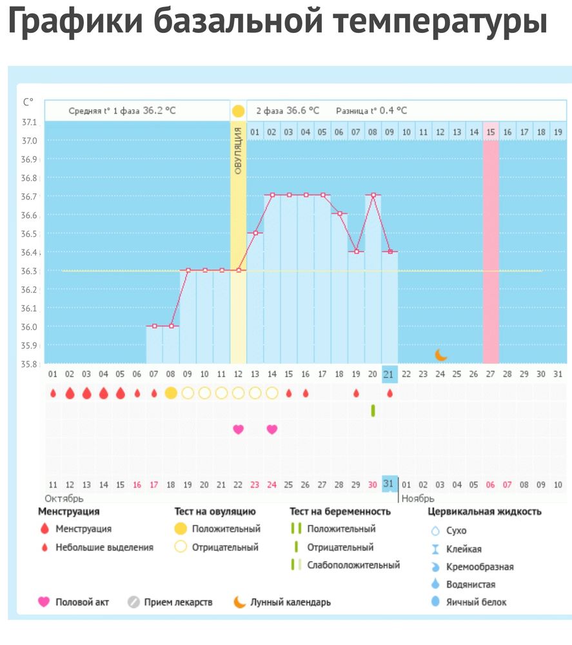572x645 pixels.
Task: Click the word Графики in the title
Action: pos(74,21)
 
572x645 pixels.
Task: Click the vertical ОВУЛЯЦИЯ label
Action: pos(238,151)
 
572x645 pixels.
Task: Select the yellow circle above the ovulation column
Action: pos(238,110)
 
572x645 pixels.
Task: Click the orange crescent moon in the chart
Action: pos(441,354)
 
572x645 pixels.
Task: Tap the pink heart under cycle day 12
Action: pos(238,429)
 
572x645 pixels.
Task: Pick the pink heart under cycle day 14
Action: pos(272,429)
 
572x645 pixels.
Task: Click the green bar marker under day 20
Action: pos(373,410)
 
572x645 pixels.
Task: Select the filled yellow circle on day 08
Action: pos(171,393)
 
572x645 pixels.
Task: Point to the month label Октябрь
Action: pos(64,499)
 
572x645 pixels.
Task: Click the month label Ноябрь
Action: pos(419,499)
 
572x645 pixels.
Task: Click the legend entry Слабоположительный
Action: pos(353,565)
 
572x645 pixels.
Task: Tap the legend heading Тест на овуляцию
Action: pos(215,511)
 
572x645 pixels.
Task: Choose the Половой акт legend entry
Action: pos(82,602)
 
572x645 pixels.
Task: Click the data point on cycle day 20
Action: pos(373,195)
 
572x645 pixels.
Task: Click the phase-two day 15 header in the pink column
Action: pos(491,132)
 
